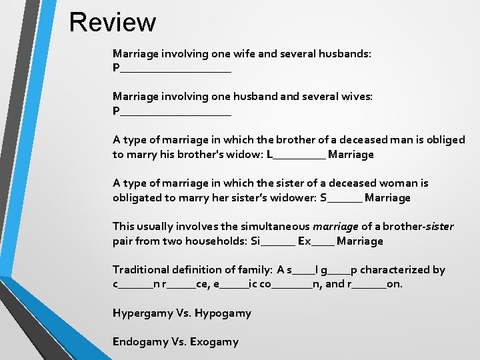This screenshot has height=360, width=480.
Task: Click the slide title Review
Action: pyautogui.click(x=112, y=22)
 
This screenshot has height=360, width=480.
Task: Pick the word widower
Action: pyautogui.click(x=289, y=198)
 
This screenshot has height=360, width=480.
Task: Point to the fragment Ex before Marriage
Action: pyautogui.click(x=304, y=241)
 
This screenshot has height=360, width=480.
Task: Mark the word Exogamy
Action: pyautogui.click(x=214, y=342)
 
